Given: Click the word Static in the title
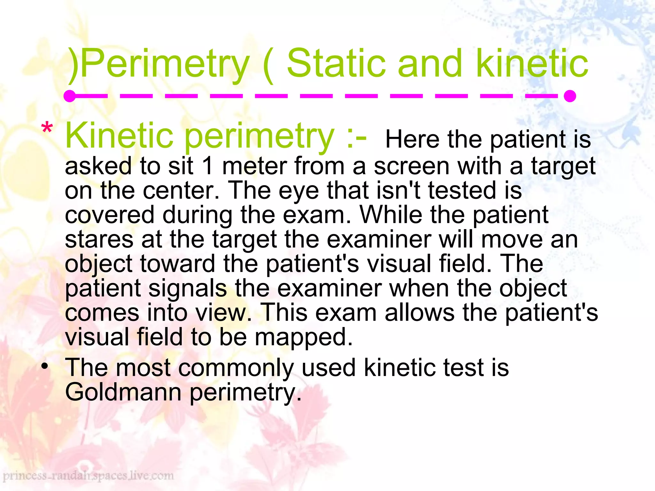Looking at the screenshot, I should tap(335, 64).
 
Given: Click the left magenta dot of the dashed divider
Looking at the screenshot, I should tap(69, 96).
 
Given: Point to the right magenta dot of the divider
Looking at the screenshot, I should tap(570, 96).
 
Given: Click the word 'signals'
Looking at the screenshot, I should tap(188, 288).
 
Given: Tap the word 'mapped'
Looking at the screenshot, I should tap(304, 338).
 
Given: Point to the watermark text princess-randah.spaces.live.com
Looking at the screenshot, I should tap(88, 476).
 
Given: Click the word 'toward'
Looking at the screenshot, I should tap(178, 264).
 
